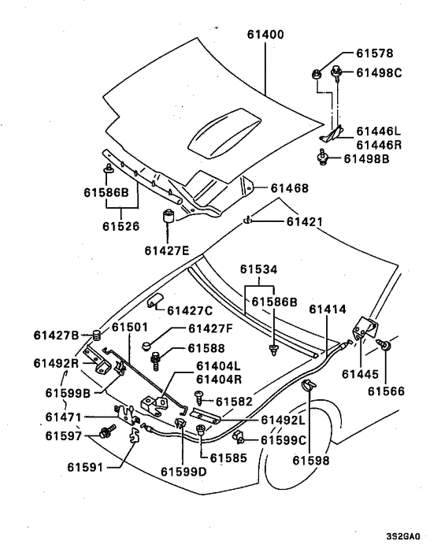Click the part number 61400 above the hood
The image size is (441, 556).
(265, 35)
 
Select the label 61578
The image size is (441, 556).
(375, 54)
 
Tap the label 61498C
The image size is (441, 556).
(379, 72)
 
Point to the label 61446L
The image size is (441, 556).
(378, 132)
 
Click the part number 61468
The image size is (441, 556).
(290, 188)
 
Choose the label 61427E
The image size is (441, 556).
(167, 250)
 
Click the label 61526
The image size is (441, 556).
(121, 226)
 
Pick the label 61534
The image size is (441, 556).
(259, 269)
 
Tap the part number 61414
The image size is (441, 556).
(328, 310)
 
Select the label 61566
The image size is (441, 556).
(386, 391)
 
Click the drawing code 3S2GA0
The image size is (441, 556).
(403, 536)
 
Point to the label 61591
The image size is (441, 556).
(85, 467)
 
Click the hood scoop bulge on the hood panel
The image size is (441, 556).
(224, 132)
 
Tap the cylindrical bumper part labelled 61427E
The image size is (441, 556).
(169, 217)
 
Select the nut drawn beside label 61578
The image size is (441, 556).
(317, 75)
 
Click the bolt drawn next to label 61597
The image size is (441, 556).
(107, 431)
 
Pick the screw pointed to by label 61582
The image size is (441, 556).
(199, 398)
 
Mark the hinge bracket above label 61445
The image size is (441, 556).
(365, 328)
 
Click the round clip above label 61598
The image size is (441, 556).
(308, 385)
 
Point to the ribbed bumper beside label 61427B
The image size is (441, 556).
(96, 335)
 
